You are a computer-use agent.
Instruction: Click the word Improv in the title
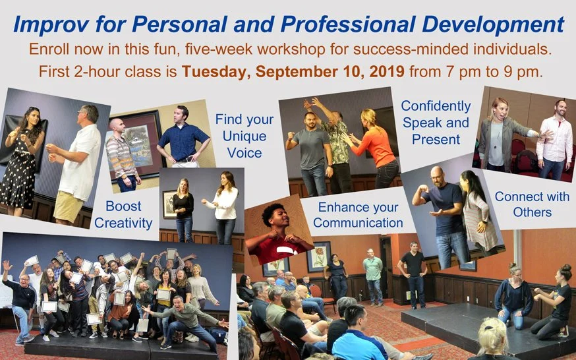tap(51, 24)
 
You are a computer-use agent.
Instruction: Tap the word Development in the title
tap(493, 24)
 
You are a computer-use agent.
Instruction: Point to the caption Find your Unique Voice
tap(245, 136)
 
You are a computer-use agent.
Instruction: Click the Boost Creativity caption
tap(123, 214)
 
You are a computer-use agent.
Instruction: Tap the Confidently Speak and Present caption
tap(436, 123)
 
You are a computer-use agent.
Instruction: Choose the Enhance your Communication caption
tap(358, 215)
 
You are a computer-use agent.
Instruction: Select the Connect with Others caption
tap(532, 204)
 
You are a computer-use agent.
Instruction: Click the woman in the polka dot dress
tap(21, 162)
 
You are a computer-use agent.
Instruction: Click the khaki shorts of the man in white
tap(69, 206)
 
